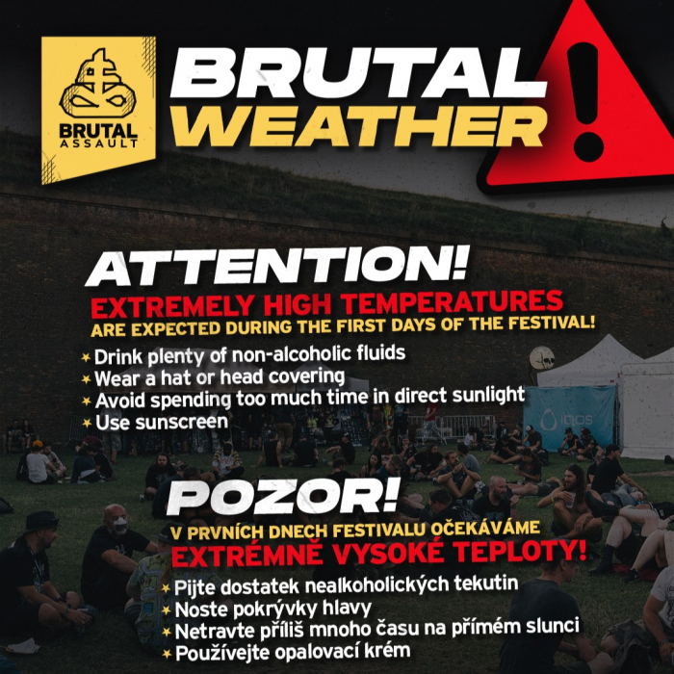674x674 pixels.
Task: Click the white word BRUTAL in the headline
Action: (358, 73)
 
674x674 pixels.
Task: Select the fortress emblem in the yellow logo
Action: (98, 85)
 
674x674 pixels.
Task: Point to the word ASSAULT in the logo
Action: (98, 143)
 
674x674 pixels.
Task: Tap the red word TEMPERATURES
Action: (453, 301)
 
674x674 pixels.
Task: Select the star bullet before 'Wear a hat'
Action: (86, 379)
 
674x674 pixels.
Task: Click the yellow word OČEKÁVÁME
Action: (485, 529)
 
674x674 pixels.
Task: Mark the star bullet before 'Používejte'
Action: (167, 654)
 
